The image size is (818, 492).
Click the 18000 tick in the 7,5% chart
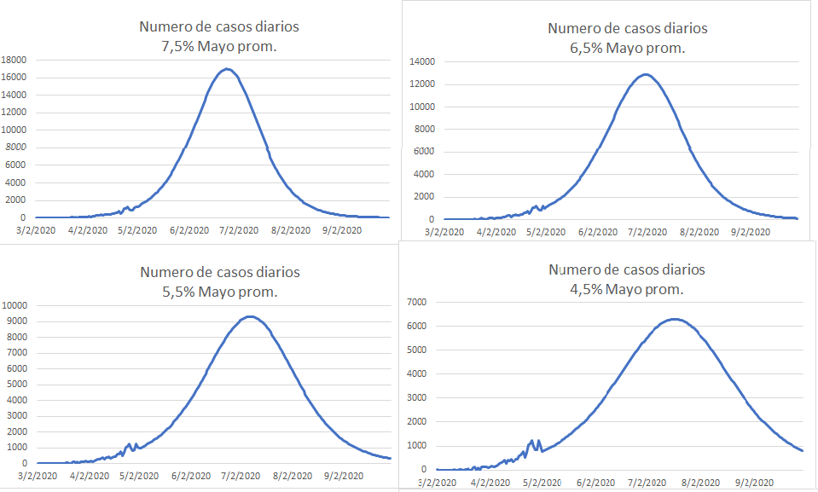(x=16, y=60)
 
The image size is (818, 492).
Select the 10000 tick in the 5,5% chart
(x=16, y=305)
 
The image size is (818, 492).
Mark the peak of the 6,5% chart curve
(x=645, y=74)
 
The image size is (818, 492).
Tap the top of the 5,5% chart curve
(x=248, y=316)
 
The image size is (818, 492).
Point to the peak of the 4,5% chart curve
(x=674, y=319)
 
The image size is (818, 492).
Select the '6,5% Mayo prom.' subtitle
(x=628, y=48)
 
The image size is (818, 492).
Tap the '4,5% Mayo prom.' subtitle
(x=627, y=289)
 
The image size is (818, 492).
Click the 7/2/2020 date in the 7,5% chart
(x=240, y=230)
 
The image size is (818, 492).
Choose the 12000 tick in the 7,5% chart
(x=16, y=113)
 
